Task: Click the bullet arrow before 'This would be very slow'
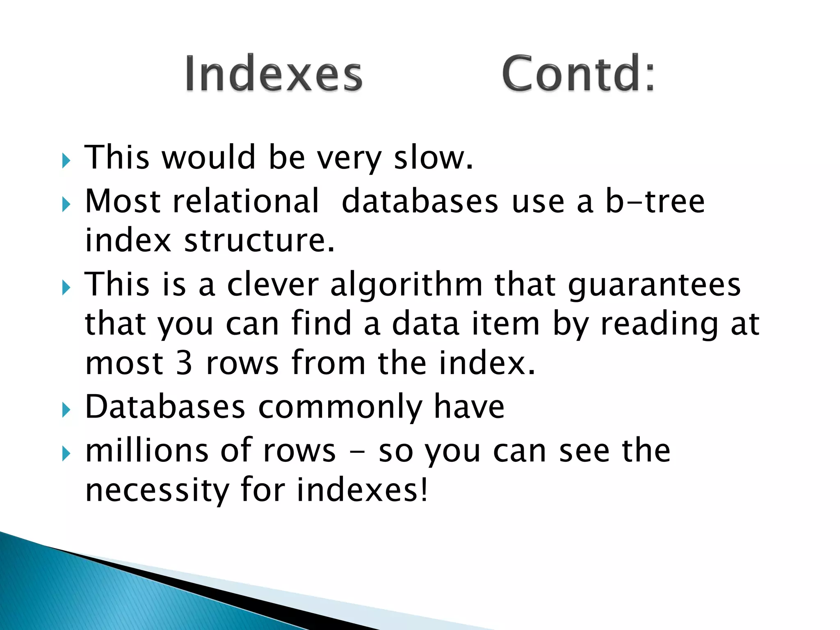click(66, 161)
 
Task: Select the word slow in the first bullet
click(433, 158)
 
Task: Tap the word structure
click(259, 241)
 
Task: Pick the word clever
click(273, 285)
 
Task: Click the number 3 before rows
click(184, 363)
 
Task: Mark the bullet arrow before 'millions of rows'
click(66, 454)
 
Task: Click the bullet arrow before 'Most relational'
click(66, 204)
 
